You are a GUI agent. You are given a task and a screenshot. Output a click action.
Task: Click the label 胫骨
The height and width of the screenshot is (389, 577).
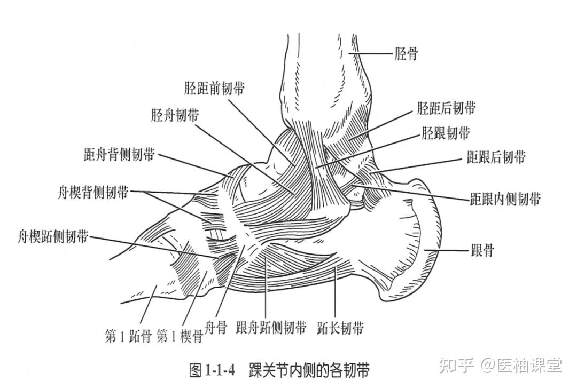point(406,53)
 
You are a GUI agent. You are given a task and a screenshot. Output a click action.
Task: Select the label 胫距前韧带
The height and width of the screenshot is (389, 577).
point(214,89)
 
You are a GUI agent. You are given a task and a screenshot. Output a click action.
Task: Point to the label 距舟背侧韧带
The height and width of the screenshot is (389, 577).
point(119,155)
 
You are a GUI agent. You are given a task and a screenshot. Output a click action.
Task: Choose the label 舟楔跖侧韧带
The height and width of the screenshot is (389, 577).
point(52,236)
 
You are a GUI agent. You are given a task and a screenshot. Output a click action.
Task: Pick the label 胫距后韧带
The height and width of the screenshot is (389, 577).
point(446,109)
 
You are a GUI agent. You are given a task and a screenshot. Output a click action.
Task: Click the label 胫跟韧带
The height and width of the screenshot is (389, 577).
point(446,133)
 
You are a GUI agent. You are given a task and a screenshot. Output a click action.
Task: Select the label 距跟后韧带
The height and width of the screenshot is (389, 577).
point(496,157)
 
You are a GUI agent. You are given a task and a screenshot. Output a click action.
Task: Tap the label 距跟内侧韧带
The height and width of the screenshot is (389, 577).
point(505,199)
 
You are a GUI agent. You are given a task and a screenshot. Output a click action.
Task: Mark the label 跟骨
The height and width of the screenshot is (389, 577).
point(482,250)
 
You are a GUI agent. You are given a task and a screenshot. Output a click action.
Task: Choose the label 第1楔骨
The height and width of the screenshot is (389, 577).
point(180,337)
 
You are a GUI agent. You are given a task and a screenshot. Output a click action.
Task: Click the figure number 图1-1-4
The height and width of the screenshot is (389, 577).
point(212,370)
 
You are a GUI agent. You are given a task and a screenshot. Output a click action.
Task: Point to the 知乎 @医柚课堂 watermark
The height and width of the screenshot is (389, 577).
point(500,366)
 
